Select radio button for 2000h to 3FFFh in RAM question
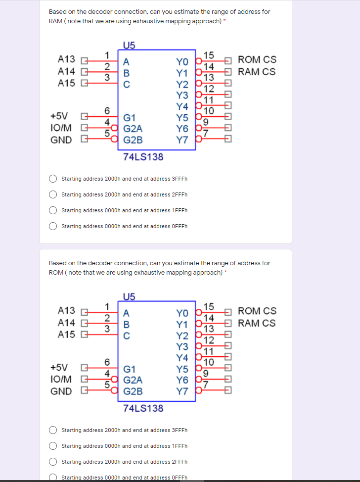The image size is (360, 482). point(53,179)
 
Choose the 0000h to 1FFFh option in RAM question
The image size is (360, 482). point(53,210)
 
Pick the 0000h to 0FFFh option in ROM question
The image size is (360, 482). point(53,477)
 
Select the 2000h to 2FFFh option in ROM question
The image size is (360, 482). point(53,462)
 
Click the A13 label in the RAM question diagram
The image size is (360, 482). point(67,59)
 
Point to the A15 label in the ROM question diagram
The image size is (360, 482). point(67,335)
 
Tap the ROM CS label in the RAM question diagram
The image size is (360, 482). point(257,60)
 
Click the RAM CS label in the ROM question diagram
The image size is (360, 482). point(257,323)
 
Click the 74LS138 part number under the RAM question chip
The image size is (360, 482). point(143,157)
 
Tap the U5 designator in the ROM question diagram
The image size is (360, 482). point(129,297)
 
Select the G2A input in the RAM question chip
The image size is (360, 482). point(133,129)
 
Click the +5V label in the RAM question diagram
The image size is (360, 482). point(59,116)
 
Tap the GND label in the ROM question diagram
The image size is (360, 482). point(61,391)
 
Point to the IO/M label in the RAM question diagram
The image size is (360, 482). point(61,128)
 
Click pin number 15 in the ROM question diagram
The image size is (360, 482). point(209,306)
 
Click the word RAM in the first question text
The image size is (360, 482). point(55,21)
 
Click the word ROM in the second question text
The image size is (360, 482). point(55,272)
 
